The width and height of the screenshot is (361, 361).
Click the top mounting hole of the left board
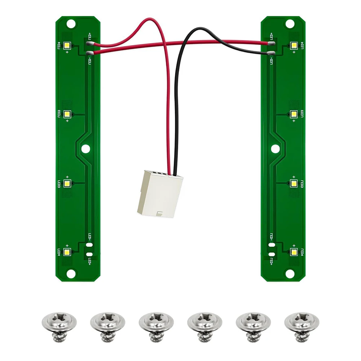point(71,24)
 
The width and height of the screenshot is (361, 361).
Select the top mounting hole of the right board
point(290,24)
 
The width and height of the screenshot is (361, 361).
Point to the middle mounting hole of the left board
point(85,148)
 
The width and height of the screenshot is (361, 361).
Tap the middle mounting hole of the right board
point(275,148)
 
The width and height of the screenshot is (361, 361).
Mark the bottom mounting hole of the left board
point(71,274)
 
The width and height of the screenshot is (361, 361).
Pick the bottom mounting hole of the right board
point(290,274)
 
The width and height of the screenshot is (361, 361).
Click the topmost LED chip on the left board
point(67,45)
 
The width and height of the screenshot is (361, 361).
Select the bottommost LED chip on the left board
point(67,252)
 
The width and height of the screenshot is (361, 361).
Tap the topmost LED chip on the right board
point(294,45)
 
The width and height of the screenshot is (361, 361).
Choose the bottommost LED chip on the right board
point(294,252)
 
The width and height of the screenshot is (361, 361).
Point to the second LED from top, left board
point(67,114)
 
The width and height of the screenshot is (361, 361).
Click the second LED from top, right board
point(294,114)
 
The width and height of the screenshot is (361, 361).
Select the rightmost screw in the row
point(301,325)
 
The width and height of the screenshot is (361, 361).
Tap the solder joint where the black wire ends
point(272,53)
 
